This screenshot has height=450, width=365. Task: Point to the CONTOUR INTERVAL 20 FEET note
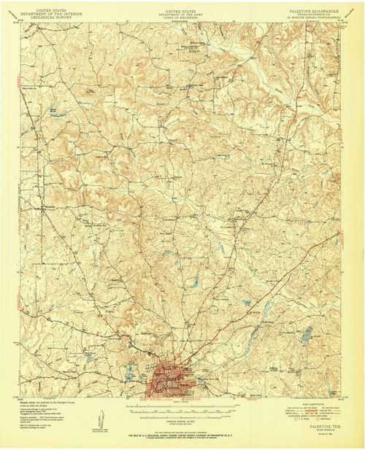[x=182, y=421]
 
